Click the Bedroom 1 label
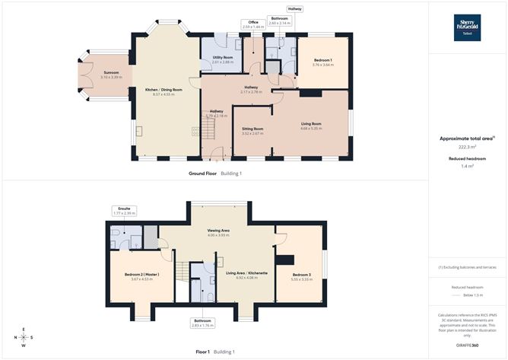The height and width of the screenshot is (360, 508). click(x=322, y=62)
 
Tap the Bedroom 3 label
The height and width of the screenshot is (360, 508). click(x=302, y=276)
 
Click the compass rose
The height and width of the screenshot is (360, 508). click(x=24, y=337)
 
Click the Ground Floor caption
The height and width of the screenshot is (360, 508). click(x=204, y=174)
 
